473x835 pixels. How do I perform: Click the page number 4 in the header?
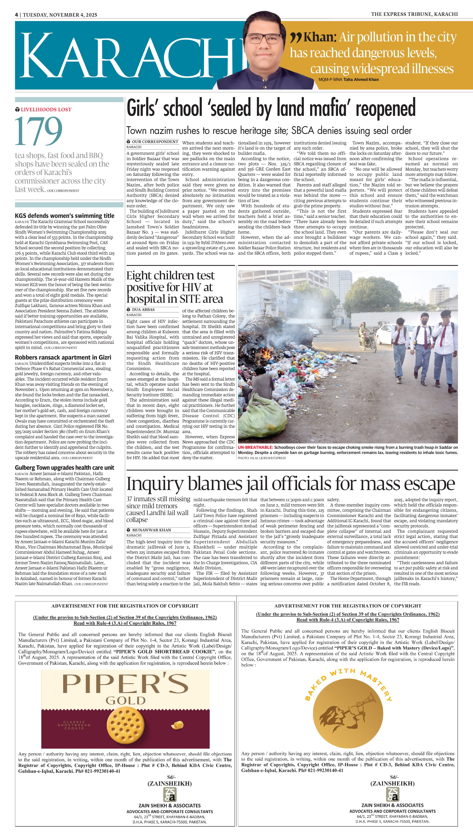pos(16,15)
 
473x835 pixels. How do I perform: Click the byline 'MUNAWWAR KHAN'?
pos(151,530)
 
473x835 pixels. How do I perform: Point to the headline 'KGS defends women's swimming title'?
pos(65,216)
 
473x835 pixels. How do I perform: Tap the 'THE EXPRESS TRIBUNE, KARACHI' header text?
pos(414,14)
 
